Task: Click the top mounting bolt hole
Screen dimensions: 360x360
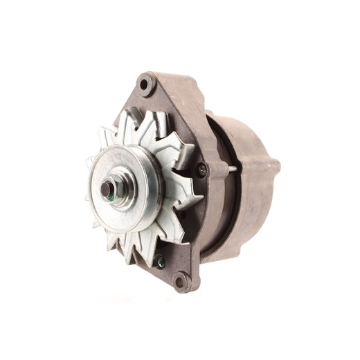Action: click(145, 86)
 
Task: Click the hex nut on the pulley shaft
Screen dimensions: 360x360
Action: click(109, 188)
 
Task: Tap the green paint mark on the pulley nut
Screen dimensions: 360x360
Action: click(112, 196)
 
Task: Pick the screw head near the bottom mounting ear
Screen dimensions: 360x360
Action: click(160, 262)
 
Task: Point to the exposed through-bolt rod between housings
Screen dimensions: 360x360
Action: click(228, 168)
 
